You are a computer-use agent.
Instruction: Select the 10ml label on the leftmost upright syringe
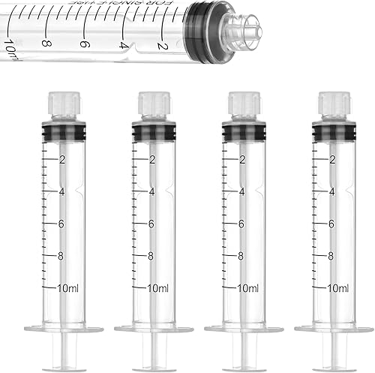click(x=68, y=288)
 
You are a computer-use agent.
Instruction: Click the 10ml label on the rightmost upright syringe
click(x=337, y=288)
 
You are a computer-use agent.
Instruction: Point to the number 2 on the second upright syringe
click(x=152, y=159)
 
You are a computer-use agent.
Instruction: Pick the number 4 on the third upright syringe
click(x=241, y=191)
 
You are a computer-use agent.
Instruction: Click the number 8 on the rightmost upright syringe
click(x=332, y=256)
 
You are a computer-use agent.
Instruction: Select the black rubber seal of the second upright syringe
click(x=149, y=132)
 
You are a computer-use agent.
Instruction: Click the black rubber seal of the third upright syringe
click(x=240, y=132)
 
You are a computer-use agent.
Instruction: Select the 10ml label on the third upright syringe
click(x=247, y=288)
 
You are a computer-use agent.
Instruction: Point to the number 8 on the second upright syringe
click(x=152, y=256)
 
